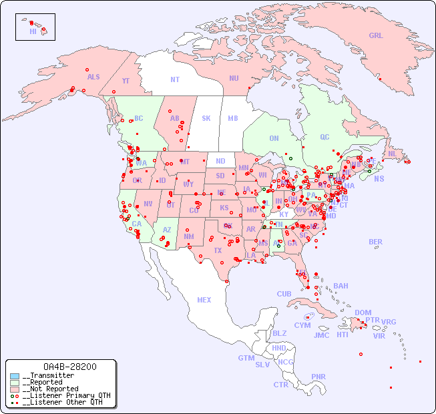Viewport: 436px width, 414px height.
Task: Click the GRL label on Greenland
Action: point(376,36)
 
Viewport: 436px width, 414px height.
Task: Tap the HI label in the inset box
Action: point(32,31)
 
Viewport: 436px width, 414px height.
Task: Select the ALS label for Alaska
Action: point(93,77)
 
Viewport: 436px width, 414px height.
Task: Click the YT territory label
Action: point(126,81)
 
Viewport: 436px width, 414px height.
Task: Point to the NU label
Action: point(234,78)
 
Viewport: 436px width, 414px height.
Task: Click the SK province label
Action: point(206,118)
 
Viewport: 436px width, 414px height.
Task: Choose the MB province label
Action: point(232,118)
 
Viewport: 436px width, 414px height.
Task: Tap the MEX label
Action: point(204,300)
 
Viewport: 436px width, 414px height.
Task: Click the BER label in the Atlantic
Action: point(376,242)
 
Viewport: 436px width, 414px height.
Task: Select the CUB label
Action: point(284,294)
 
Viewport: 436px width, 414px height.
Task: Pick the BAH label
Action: point(341,286)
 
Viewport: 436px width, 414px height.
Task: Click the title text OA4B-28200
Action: point(69,367)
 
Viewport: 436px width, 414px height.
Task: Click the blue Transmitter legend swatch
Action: point(15,376)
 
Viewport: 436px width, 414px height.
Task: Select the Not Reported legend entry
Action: point(50,389)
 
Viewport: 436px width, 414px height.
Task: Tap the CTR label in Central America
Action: point(280,385)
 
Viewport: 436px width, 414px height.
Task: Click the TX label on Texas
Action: point(218,250)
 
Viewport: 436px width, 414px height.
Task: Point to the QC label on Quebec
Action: point(324,137)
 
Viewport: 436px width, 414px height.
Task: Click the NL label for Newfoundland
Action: point(393,153)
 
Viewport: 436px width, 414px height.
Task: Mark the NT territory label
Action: point(175,79)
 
